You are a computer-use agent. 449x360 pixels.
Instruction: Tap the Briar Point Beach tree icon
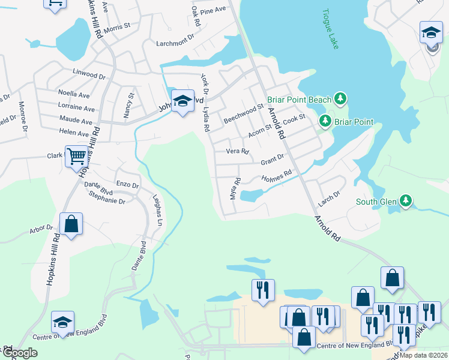pos(341,98)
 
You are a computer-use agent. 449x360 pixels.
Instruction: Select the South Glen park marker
pos(406,200)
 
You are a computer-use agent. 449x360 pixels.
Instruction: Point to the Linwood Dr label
pos(89,77)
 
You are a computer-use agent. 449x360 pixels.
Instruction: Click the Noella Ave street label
pos(74,94)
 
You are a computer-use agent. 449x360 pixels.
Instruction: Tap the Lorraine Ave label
pos(76,109)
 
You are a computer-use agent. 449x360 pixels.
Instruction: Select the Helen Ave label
pos(74,133)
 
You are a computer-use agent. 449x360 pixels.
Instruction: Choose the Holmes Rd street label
pos(277,177)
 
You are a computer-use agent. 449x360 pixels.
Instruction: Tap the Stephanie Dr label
pos(106,202)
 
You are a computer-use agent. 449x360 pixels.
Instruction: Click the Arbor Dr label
pos(41,229)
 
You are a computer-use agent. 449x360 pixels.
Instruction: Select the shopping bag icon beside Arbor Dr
pos(71,224)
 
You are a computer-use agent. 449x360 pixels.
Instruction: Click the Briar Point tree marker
pos(325,121)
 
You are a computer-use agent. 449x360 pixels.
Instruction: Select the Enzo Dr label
pos(127,185)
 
